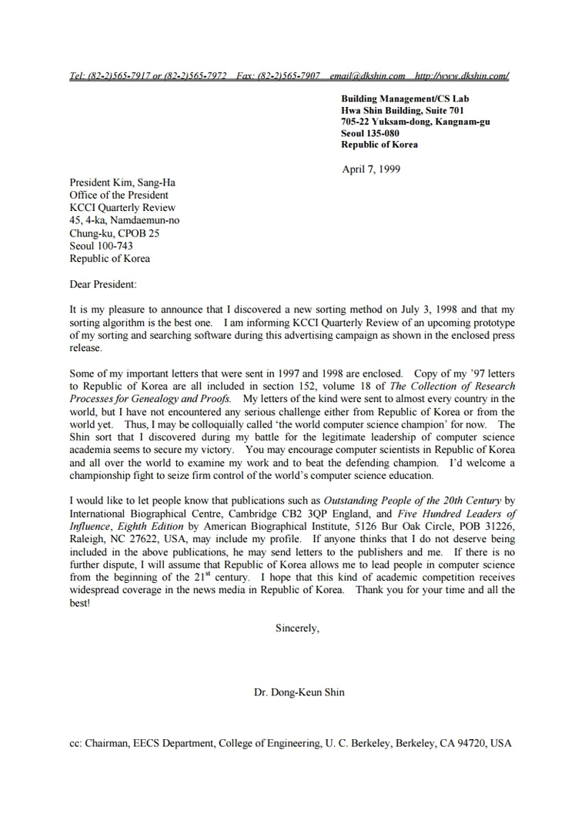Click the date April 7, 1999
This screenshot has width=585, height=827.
tap(371, 169)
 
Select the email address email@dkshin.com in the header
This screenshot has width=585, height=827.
tap(367, 75)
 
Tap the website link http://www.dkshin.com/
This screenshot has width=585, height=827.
tap(462, 75)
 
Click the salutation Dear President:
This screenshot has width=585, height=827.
tap(102, 284)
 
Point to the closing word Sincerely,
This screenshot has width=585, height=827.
tap(297, 628)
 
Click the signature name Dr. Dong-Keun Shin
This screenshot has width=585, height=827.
tap(299, 692)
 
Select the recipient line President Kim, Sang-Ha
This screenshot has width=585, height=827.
tap(122, 183)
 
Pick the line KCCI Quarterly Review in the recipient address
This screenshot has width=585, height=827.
tap(122, 208)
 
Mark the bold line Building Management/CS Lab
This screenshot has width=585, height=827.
tap(405, 99)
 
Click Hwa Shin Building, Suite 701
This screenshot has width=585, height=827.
tap(403, 110)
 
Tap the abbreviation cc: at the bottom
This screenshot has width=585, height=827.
tap(75, 744)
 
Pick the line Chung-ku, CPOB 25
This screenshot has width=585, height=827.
tap(114, 233)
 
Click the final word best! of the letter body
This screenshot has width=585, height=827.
tap(79, 603)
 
